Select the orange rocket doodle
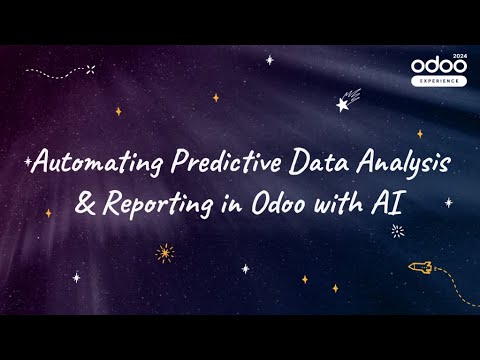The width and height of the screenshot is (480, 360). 419,267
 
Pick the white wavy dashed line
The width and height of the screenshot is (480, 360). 55,72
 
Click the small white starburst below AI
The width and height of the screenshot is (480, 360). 398,231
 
